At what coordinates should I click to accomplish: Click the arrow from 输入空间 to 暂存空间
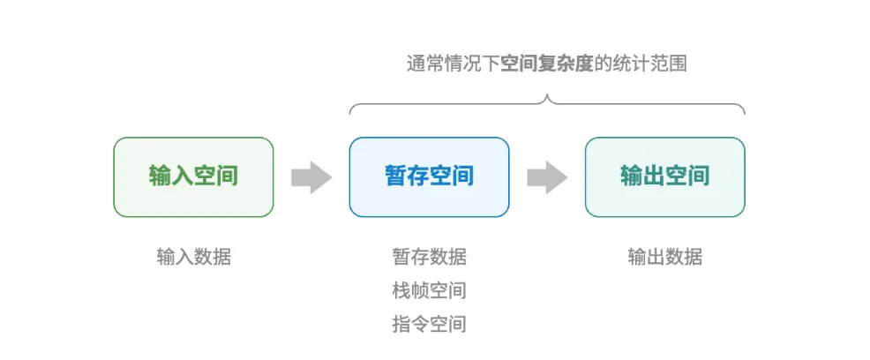coord(311,177)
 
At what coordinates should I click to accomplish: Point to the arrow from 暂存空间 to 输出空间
coord(547,177)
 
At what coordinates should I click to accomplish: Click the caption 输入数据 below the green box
coord(193,257)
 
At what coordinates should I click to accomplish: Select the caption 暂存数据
coord(429,257)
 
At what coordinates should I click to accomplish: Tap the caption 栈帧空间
coord(429,290)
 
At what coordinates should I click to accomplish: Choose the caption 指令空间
coord(429,324)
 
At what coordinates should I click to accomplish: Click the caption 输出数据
coord(664,257)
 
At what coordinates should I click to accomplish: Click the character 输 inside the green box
coord(160,176)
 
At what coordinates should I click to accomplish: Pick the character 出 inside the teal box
coord(654,176)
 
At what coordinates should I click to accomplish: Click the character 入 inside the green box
coord(182,176)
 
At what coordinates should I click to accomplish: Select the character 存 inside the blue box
coord(417,176)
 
